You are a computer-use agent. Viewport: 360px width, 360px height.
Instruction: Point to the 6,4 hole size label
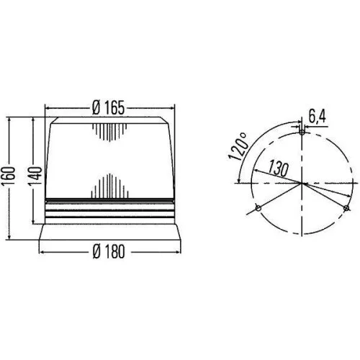316,114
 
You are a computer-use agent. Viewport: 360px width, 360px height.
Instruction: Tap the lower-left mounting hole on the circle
256,209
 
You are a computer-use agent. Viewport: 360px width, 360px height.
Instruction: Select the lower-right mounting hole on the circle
346,209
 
